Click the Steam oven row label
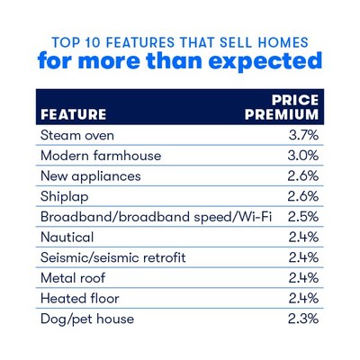[77, 135]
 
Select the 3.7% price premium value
[303, 135]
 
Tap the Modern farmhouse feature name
[101, 156]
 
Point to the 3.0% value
[303, 156]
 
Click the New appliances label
[91, 176]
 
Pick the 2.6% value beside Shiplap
[303, 196]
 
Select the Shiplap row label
[65, 197]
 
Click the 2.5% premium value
[303, 217]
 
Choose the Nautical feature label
[67, 238]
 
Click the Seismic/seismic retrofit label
[113, 257]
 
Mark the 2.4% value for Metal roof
[303, 278]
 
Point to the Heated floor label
[80, 299]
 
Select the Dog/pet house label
[87, 319]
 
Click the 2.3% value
[303, 319]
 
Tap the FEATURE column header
[74, 114]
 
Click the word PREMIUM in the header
[282, 114]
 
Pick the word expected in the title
[265, 61]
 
